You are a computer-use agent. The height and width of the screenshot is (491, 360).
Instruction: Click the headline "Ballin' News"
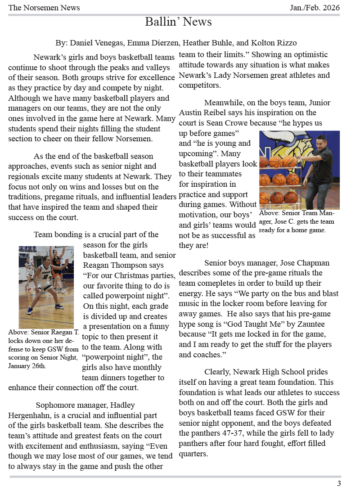[178, 22]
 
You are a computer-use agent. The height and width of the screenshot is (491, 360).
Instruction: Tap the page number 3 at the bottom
[339, 483]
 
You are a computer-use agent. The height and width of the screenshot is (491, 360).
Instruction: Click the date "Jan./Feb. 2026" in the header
[315, 8]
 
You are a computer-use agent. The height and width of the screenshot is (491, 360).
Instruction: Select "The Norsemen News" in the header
[44, 8]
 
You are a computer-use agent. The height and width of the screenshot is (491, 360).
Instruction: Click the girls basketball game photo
[46, 287]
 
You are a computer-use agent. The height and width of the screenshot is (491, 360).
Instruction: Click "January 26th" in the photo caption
[27, 366]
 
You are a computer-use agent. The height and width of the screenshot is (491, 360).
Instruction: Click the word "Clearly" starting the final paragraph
[218, 372]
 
